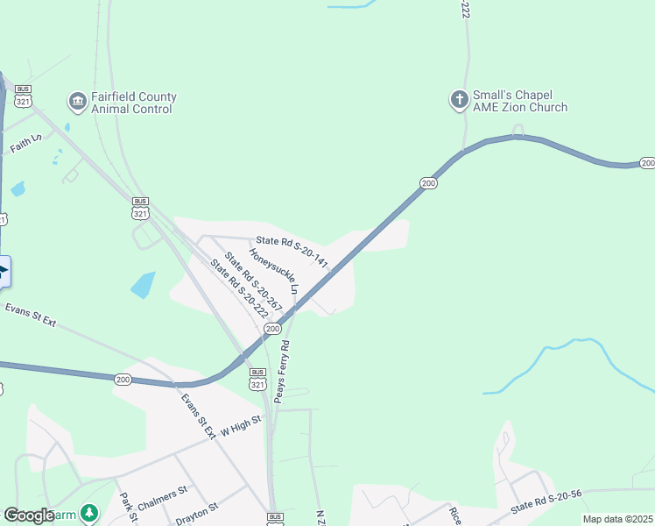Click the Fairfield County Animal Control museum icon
(77, 103)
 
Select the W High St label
(241, 426)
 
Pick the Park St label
(129, 507)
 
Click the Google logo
(29, 515)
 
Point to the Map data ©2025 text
(616, 519)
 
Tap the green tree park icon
(88, 513)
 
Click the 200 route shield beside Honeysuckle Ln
(273, 328)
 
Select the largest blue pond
(142, 285)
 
